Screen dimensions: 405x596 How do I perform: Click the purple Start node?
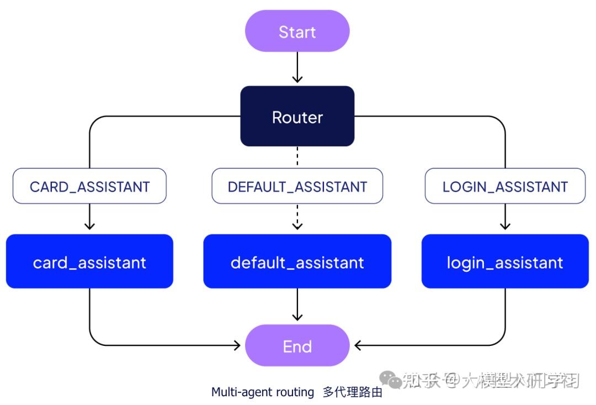(x=297, y=31)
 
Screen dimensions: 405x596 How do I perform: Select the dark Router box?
(x=297, y=117)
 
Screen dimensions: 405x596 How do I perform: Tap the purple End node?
(x=297, y=346)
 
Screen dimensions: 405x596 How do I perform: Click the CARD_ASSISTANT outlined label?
(x=89, y=186)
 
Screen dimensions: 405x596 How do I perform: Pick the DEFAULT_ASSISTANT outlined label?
(x=297, y=186)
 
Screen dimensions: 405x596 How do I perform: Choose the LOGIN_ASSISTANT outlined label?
(x=504, y=186)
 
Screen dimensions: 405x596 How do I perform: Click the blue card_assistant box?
(x=89, y=261)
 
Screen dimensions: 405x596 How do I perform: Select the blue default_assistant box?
(x=297, y=261)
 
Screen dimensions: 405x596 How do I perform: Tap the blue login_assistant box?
(x=504, y=261)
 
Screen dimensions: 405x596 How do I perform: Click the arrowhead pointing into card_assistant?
(x=89, y=226)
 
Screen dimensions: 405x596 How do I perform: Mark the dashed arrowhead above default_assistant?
(x=297, y=225)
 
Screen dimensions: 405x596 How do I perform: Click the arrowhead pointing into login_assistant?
(x=504, y=226)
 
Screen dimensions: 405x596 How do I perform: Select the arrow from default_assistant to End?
(x=297, y=304)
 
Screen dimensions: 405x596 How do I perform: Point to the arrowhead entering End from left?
(x=237, y=346)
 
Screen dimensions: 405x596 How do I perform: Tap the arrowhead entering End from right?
(x=358, y=346)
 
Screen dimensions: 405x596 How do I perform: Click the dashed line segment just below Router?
(x=297, y=156)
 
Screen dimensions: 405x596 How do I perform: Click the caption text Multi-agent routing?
(x=263, y=392)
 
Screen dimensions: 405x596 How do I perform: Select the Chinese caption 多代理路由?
(x=352, y=393)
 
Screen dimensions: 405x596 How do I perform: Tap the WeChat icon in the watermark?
(x=393, y=380)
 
